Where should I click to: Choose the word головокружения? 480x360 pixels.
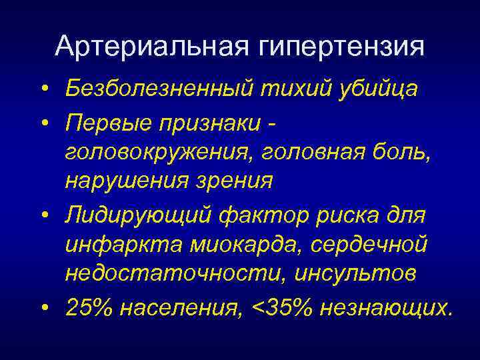[x=161, y=153]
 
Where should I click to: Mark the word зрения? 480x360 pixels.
[x=233, y=181]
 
